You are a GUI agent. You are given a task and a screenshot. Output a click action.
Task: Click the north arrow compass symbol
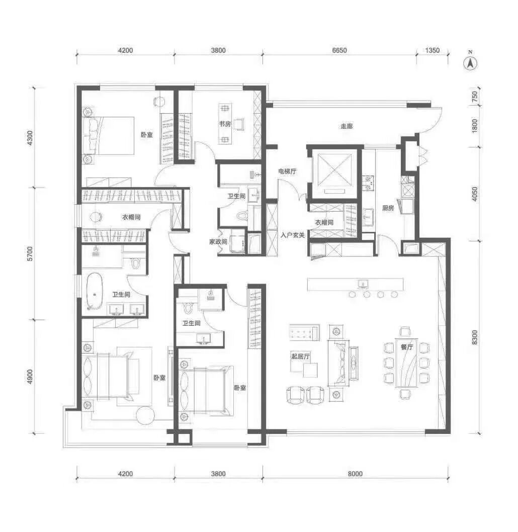point(470,63)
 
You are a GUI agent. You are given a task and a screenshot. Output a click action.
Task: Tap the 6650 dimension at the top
point(339,51)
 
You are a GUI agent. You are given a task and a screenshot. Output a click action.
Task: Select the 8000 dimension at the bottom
point(355,474)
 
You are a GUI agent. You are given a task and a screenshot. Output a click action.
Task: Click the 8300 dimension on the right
point(474,337)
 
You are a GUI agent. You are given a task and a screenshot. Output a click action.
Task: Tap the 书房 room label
point(225,124)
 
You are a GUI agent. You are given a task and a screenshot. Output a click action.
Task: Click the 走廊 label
point(347,126)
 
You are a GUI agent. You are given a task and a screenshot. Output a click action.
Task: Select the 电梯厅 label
point(287,171)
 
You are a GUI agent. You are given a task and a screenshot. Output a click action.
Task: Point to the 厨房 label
point(388,208)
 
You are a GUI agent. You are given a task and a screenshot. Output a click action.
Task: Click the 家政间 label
point(218,242)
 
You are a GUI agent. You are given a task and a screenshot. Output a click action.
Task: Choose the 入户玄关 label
point(292,235)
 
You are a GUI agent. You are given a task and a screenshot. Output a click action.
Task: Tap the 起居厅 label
point(300,356)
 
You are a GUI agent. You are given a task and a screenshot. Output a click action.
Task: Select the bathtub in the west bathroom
point(95,291)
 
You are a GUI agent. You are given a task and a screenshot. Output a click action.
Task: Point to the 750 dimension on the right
point(474,97)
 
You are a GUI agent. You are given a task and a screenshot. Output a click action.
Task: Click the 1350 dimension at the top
point(432,51)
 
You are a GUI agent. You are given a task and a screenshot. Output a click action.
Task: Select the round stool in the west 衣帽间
point(97,217)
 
